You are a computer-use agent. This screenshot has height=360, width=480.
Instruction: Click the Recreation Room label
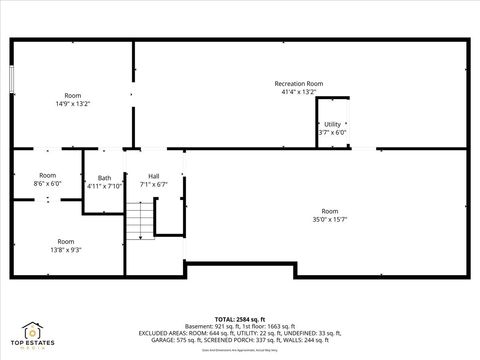299,84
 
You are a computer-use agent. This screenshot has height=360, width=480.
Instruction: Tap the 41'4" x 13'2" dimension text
299,92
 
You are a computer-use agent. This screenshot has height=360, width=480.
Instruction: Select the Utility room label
332,124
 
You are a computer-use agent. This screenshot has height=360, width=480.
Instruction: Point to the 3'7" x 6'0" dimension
332,132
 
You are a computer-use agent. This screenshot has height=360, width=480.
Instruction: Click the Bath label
104,178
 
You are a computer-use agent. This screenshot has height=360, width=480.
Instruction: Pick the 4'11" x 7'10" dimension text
104,186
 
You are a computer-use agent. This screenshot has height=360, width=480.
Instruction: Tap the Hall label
154,176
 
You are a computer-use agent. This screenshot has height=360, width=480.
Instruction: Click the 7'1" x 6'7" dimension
154,184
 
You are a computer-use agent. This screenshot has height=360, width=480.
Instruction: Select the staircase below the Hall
141,219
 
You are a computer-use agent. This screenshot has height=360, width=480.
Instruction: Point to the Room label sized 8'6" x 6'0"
47,176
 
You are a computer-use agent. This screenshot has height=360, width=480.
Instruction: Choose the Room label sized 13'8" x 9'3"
65,241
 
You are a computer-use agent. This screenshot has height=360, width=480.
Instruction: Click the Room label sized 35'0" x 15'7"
330,211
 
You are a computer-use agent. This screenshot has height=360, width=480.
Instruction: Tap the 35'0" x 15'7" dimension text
330,219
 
